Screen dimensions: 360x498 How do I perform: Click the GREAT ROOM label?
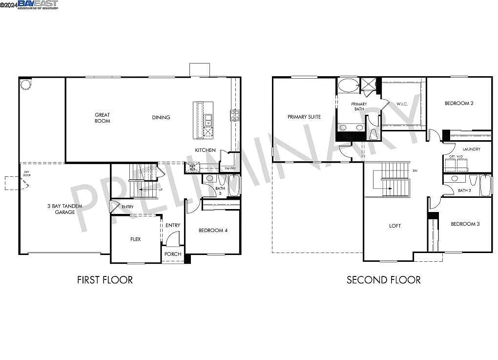(x=103, y=118)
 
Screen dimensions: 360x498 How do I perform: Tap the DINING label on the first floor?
(x=161, y=117)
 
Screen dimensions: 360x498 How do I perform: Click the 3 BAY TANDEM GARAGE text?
(x=65, y=209)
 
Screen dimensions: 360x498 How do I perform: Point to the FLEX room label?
(x=135, y=239)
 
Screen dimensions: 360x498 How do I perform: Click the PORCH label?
(x=173, y=254)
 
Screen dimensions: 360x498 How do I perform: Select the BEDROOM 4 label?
(x=213, y=231)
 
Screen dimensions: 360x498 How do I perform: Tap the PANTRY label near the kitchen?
(x=230, y=169)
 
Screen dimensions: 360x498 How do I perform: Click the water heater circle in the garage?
(x=25, y=85)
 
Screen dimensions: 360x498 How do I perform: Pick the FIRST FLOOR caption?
(x=105, y=280)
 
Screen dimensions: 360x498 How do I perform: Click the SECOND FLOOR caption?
(x=383, y=280)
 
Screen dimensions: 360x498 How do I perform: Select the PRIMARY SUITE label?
(x=304, y=117)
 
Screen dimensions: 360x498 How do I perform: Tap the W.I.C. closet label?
(x=402, y=104)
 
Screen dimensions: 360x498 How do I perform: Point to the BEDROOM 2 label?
(x=459, y=103)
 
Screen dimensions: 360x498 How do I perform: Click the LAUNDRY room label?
(x=471, y=149)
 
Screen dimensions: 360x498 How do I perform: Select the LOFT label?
(x=395, y=226)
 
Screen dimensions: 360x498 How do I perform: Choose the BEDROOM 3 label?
(x=465, y=224)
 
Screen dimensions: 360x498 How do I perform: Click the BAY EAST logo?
(x=38, y=4)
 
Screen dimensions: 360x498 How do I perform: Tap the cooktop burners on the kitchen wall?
(x=234, y=115)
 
